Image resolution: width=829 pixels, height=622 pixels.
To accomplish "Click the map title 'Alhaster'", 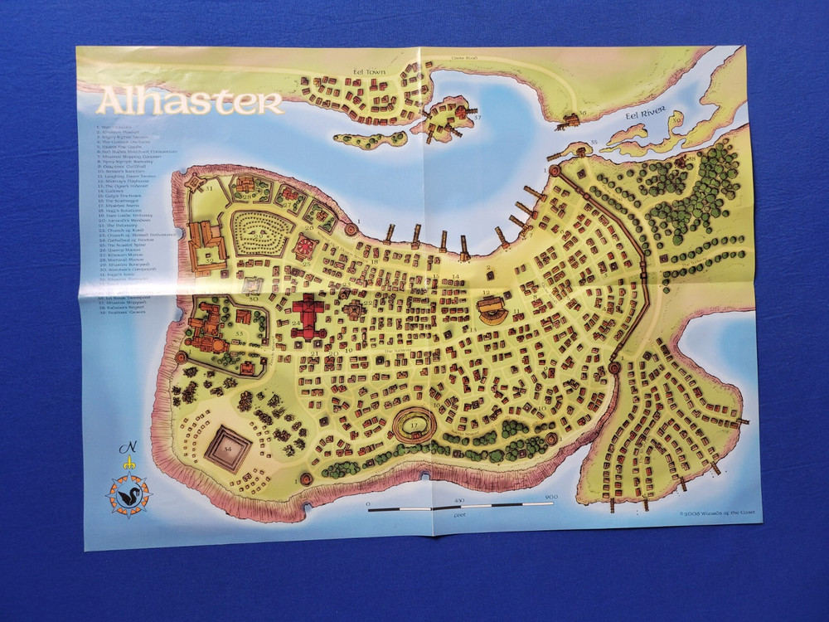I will [190, 101].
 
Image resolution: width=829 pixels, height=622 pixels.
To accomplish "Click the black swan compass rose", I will [128, 495].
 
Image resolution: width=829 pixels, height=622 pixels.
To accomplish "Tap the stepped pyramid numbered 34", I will [228, 449].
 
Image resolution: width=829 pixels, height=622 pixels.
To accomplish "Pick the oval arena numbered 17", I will [414, 427].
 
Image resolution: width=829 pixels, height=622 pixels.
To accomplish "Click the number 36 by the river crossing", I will [583, 114].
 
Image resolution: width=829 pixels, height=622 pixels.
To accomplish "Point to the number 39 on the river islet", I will [676, 122].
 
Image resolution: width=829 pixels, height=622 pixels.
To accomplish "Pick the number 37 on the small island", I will [477, 118].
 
